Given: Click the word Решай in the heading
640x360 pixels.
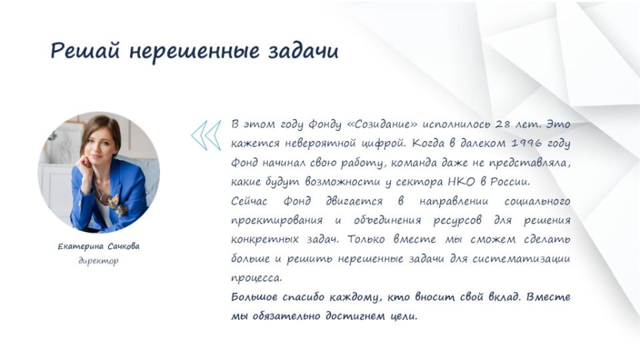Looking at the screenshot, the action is coord(85,51).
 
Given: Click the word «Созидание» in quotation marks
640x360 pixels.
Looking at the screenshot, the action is coord(382,124).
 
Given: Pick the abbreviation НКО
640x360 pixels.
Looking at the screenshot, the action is coord(461,181).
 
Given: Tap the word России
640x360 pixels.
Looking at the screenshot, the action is coord(509,181).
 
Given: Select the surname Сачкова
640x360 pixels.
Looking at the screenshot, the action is coord(124,246).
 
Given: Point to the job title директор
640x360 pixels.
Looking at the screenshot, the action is coord(99,261).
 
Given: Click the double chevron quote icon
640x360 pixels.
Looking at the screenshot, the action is coord(206,135).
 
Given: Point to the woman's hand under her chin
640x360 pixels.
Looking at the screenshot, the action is coord(86,166).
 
